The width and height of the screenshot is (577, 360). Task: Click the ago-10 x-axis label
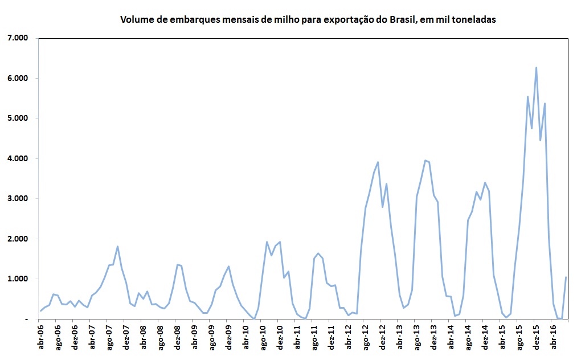263,338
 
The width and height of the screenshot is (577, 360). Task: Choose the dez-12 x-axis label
383,338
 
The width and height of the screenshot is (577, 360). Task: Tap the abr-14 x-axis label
451,338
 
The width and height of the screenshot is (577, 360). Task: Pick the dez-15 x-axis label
536,338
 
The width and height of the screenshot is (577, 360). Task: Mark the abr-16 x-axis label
553,338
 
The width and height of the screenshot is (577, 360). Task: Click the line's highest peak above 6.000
536,68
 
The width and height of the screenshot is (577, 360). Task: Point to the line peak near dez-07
117,246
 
